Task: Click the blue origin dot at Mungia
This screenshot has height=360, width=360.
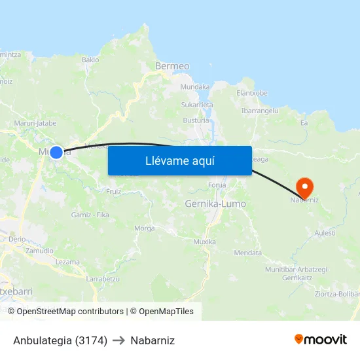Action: click(56, 153)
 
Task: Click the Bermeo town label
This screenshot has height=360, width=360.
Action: click(172, 66)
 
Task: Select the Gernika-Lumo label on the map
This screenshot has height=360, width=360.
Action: click(215, 204)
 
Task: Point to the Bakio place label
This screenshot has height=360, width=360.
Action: click(90, 60)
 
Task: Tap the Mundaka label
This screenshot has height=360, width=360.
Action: click(194, 86)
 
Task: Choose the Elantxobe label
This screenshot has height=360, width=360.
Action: click(252, 93)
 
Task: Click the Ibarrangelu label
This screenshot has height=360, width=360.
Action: click(260, 111)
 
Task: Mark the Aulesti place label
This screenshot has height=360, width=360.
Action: click(325, 233)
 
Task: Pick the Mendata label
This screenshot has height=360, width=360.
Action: click(247, 253)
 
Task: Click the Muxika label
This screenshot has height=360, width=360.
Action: click(204, 242)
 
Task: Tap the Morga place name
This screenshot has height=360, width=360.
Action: click(144, 228)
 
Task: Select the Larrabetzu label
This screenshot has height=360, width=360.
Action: click(103, 279)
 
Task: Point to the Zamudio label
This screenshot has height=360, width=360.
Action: click(40, 251)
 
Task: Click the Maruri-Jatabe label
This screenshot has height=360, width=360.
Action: click(35, 122)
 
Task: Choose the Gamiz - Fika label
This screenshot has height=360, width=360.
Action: click(90, 215)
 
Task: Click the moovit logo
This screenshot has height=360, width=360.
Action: click(321, 340)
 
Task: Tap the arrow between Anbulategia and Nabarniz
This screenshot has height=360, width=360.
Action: click(118, 340)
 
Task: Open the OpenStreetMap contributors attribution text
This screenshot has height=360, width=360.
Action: click(70, 312)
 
